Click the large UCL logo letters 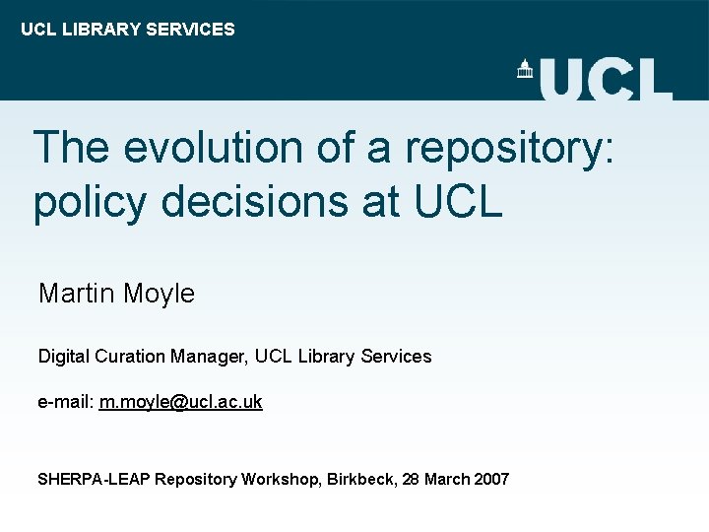[x=606, y=79]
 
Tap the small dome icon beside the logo [x=525, y=69]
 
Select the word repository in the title [x=509, y=149]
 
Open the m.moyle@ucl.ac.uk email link [x=180, y=402]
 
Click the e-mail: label [x=65, y=402]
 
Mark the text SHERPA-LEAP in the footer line [x=94, y=480]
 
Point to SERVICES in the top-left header [x=190, y=30]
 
